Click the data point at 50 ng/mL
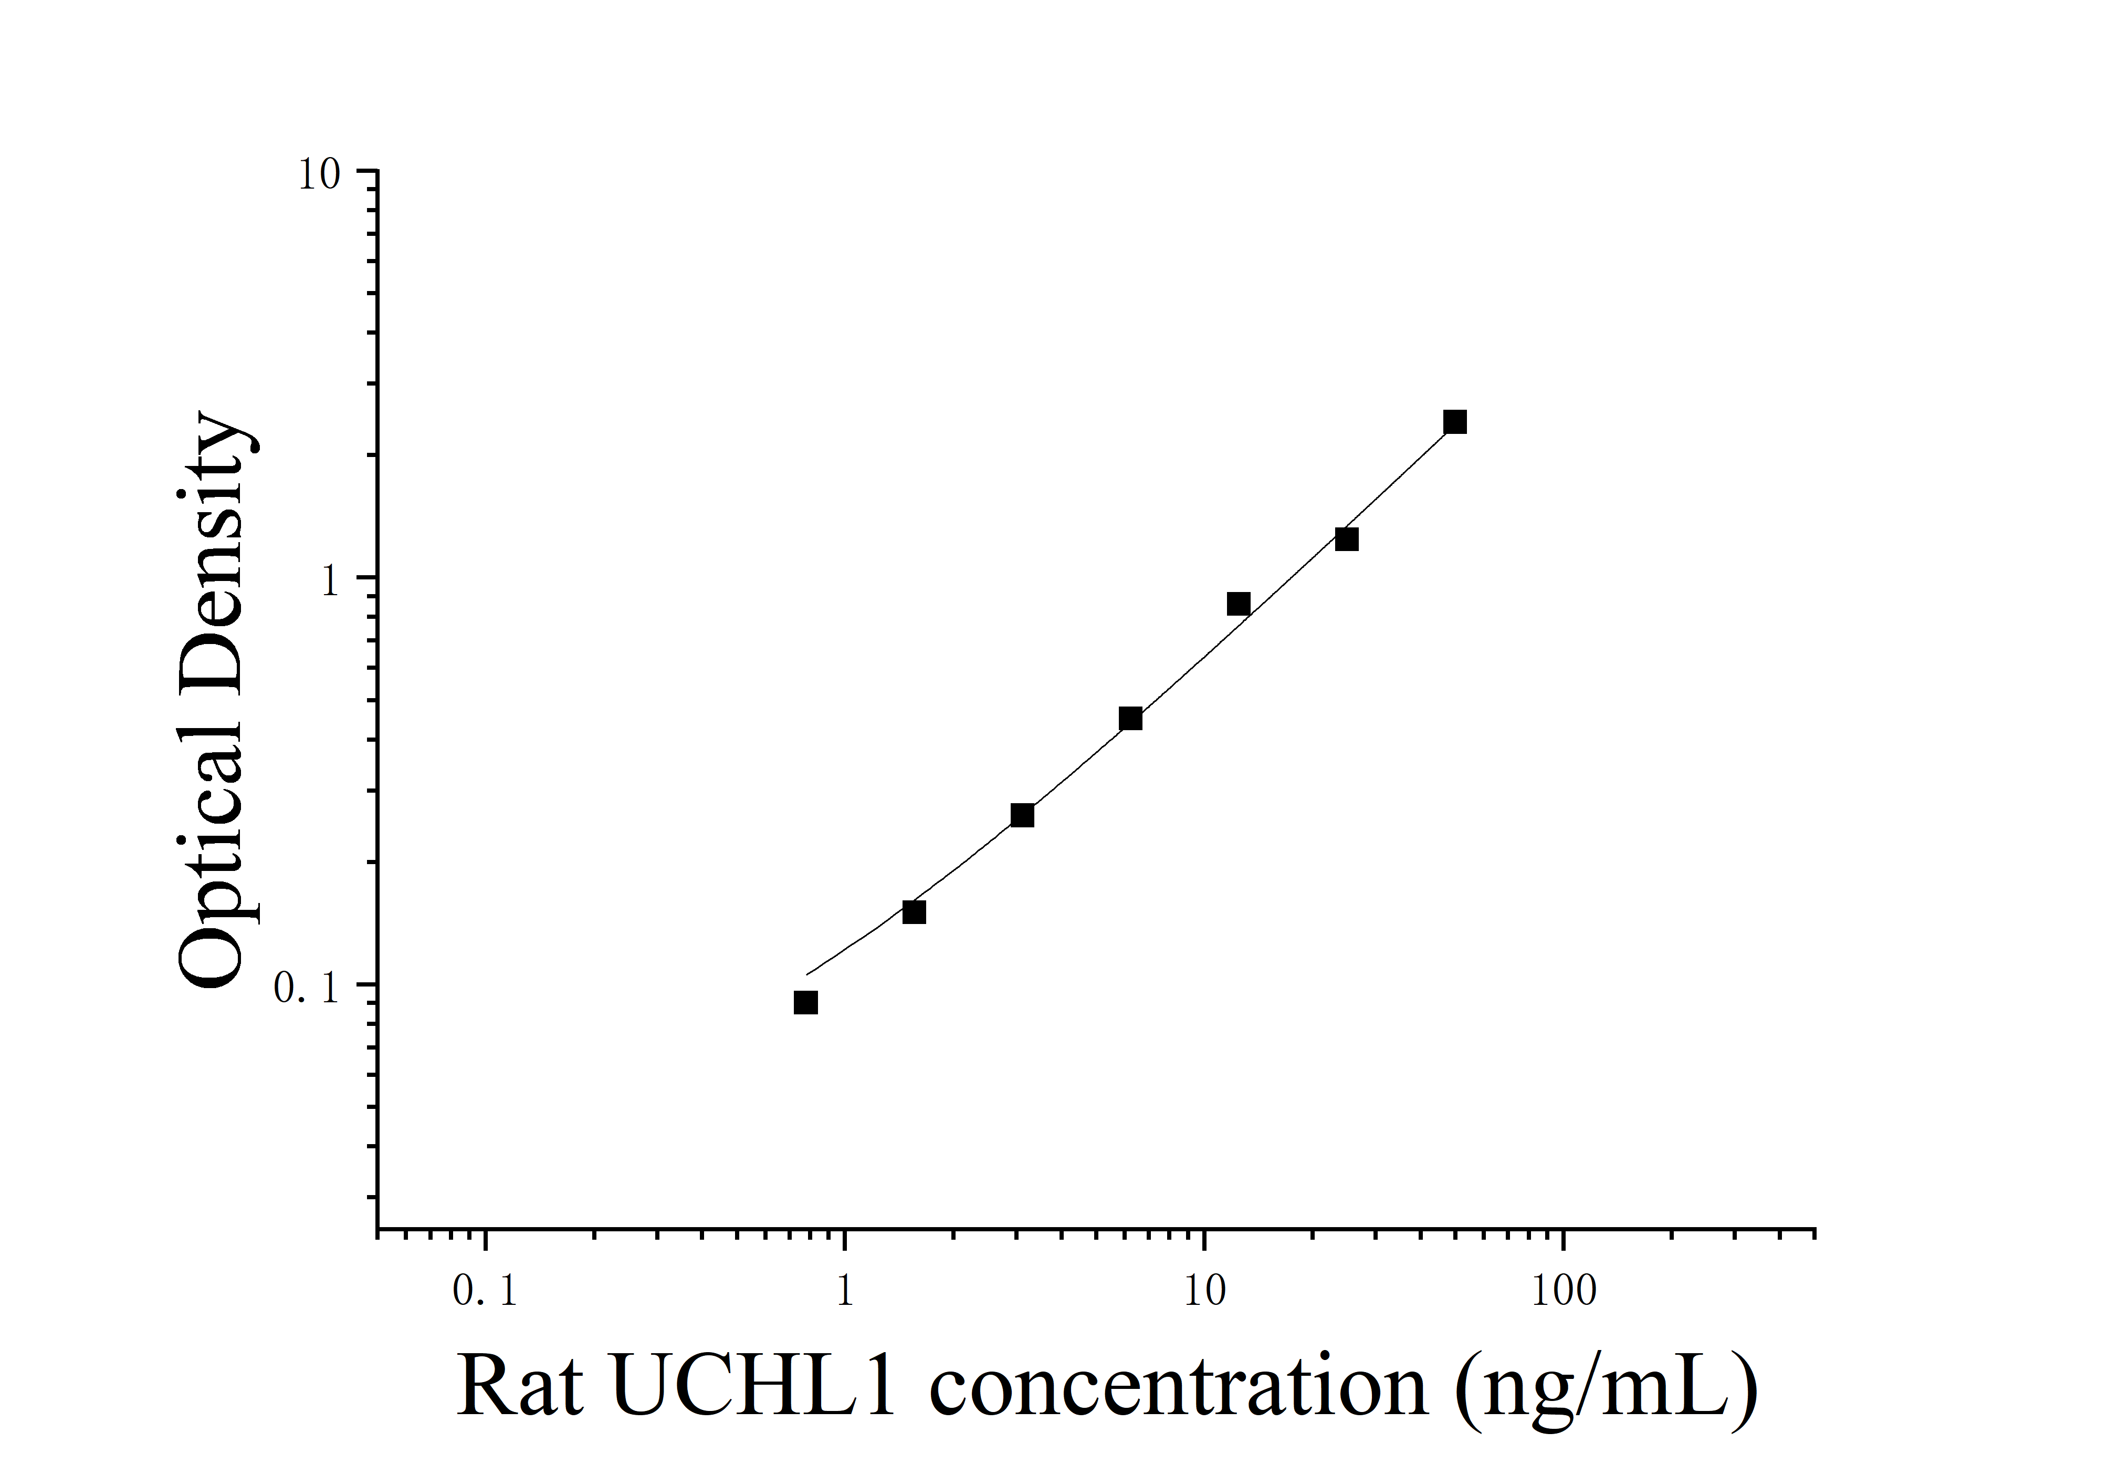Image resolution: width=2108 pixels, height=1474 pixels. pyautogui.click(x=1454, y=422)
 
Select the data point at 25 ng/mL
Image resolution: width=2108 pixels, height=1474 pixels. pyautogui.click(x=1346, y=539)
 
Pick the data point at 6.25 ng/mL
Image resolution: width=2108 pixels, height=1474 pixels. pyautogui.click(x=1130, y=718)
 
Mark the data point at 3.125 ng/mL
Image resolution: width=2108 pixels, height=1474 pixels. pyautogui.click(x=1022, y=815)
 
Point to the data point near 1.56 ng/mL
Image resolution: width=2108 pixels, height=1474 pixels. pyautogui.click(x=914, y=912)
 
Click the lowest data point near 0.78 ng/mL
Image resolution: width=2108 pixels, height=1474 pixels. pyautogui.click(x=805, y=1002)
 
